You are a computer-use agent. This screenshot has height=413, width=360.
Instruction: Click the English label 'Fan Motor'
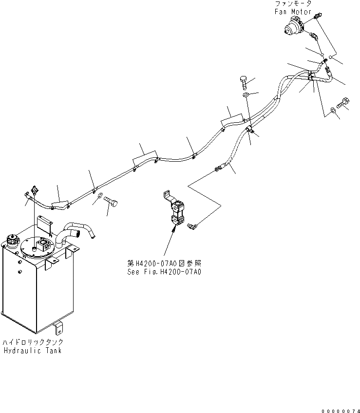[x=293, y=11]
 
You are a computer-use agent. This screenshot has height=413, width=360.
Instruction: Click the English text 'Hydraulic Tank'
[x=32, y=351]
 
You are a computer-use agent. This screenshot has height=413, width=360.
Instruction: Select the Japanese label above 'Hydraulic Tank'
[x=33, y=342]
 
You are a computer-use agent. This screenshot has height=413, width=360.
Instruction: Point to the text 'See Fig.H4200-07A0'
[x=163, y=271]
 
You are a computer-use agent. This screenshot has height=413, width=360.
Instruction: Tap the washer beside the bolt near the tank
[x=100, y=196]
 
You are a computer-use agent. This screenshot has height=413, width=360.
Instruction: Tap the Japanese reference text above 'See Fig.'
[x=163, y=263]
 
